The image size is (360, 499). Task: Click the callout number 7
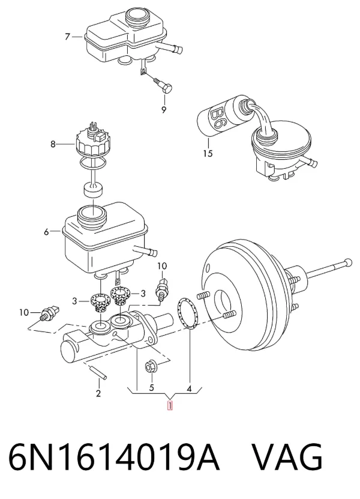67,37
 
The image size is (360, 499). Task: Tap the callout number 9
164,110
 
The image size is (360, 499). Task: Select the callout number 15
208,153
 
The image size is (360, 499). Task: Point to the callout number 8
53,144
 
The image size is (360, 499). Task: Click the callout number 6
46,232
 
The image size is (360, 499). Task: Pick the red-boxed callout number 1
170,406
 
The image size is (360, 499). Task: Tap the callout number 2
98,393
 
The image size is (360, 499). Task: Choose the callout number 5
151,388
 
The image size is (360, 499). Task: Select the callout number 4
189,389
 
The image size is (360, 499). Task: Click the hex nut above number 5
150,367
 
